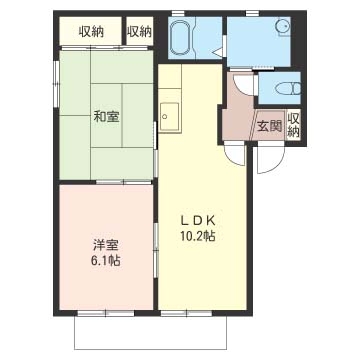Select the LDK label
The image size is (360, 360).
point(198,220)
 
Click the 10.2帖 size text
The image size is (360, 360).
point(198,237)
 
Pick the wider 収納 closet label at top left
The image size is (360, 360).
point(84,31)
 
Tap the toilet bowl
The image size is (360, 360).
point(278,89)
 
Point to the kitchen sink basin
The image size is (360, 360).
point(167,115)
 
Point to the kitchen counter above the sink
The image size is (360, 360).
point(166,85)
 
